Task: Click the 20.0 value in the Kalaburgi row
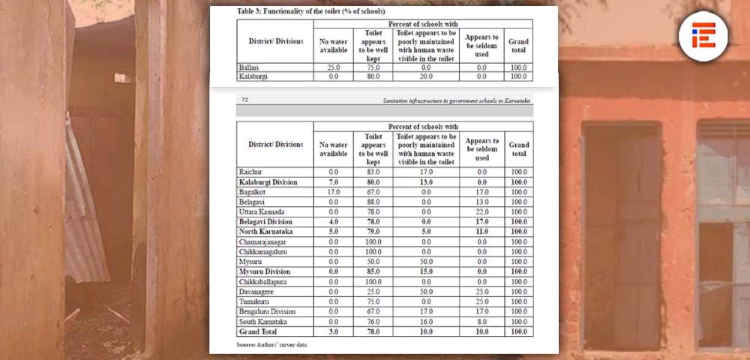point(425,76)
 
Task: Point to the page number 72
point(245,99)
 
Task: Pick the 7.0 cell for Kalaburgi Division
point(334,182)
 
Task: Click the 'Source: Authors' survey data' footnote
point(272,344)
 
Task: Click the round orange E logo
point(703,34)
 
